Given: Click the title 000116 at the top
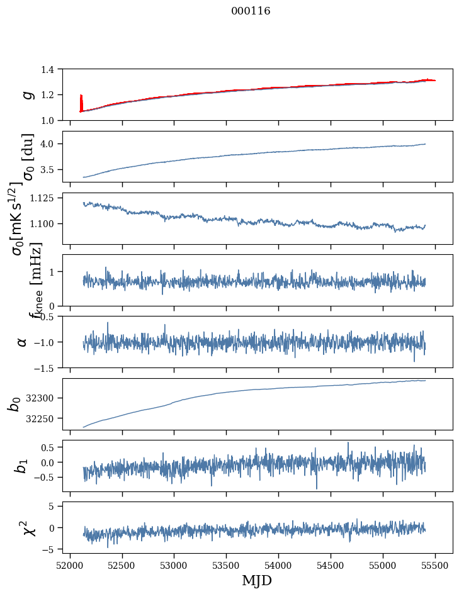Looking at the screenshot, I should tap(251, 11).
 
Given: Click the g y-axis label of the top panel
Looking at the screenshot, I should tap(26, 94).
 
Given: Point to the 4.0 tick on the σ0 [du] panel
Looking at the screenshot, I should tap(54, 144).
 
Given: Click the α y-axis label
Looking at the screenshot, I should tap(23, 342).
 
